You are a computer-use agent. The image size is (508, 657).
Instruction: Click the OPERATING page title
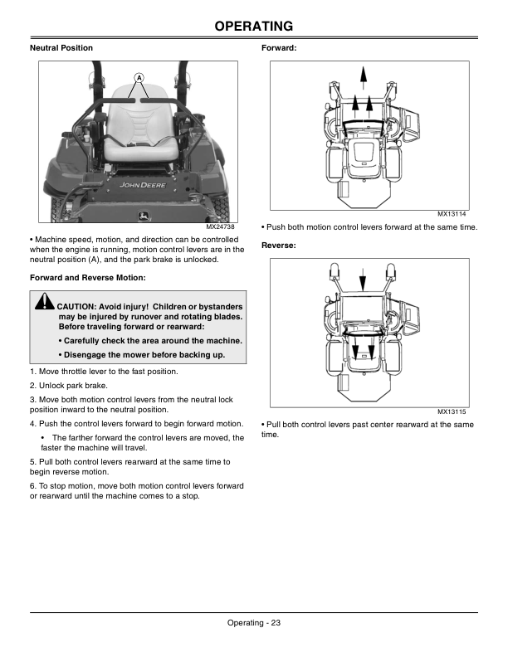253,27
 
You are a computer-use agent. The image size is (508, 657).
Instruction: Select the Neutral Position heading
61,48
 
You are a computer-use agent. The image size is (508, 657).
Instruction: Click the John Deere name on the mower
142,186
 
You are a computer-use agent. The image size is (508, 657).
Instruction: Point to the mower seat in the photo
139,124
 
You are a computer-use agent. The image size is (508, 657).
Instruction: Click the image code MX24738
222,226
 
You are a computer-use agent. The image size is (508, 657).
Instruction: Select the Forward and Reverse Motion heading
87,276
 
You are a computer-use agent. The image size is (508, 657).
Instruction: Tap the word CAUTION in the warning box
80,305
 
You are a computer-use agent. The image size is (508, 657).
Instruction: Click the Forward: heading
279,48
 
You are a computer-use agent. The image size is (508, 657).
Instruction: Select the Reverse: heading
280,246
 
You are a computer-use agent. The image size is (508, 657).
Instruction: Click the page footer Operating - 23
253,624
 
